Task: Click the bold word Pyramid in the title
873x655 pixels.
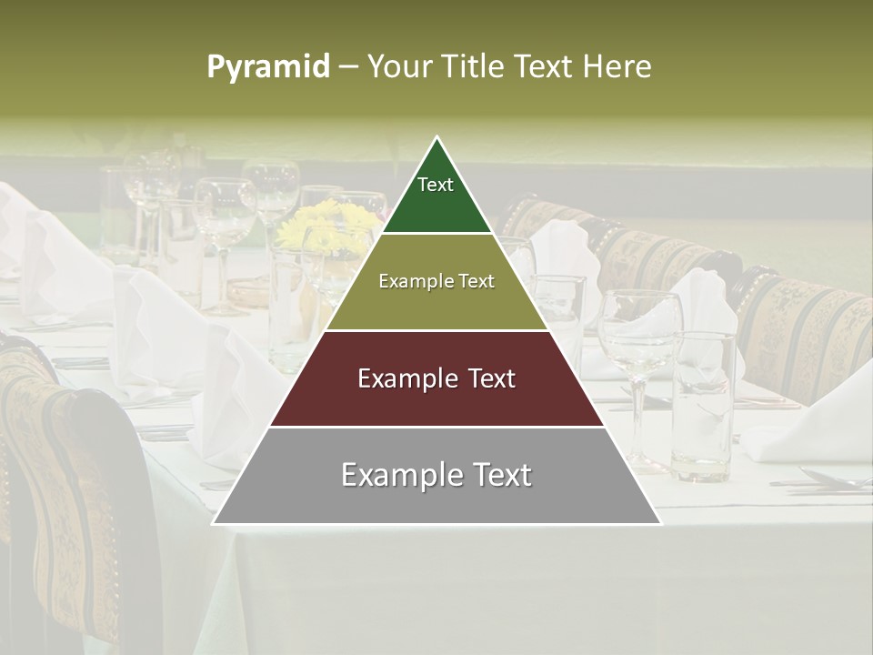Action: click(x=267, y=66)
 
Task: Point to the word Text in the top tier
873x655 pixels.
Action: click(x=436, y=185)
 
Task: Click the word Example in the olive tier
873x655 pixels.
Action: click(x=410, y=281)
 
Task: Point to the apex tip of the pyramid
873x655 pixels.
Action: click(x=437, y=137)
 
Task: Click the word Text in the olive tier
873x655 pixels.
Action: click(x=474, y=281)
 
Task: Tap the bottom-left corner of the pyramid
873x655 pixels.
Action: click(x=214, y=523)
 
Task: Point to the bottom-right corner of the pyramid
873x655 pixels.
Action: click(x=660, y=523)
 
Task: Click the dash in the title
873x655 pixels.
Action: click(x=348, y=66)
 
